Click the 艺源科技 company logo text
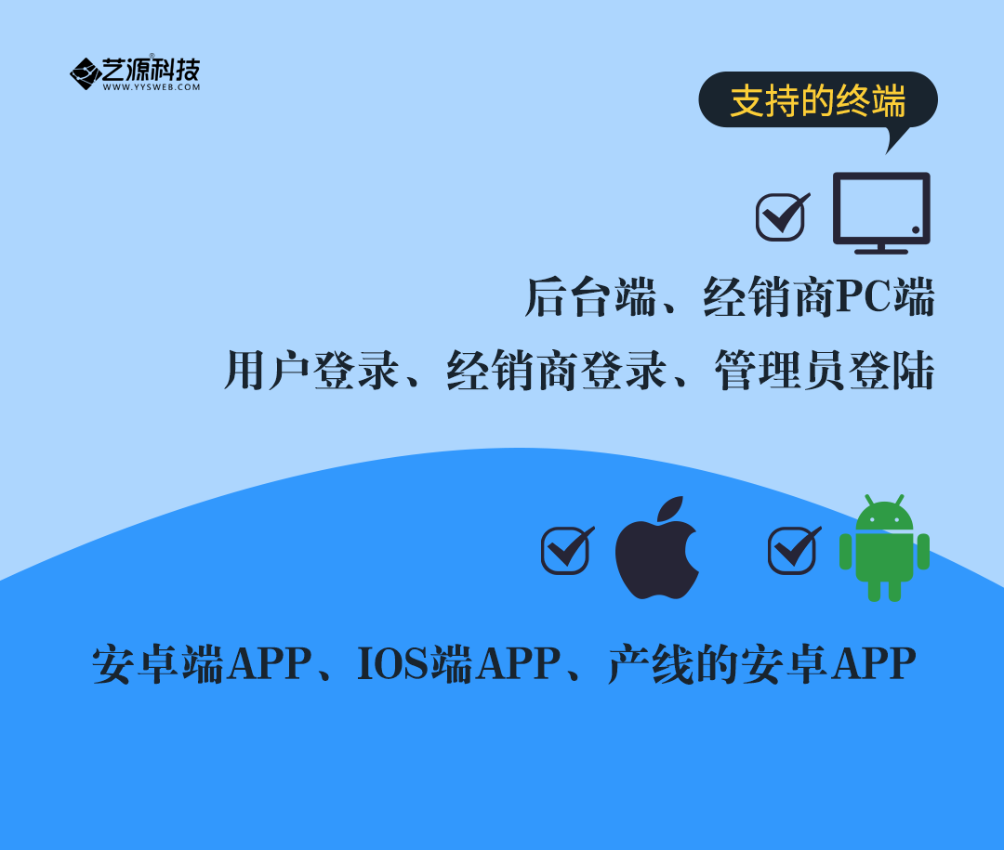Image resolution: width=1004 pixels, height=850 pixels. tap(152, 69)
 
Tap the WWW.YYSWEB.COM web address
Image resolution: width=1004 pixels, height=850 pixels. tap(152, 87)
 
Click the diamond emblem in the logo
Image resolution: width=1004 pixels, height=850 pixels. tap(86, 73)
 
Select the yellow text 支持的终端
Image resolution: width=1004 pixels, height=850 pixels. tap(818, 100)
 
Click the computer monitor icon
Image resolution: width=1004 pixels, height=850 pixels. tap(881, 213)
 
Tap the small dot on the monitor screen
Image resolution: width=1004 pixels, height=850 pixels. tap(916, 229)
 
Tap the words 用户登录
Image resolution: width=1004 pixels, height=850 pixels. tap(311, 370)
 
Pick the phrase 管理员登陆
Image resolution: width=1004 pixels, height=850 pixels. tap(824, 370)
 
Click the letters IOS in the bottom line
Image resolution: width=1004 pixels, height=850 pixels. tap(392, 663)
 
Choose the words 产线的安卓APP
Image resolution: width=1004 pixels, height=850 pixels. tap(762, 663)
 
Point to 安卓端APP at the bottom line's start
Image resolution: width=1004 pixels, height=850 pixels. tap(203, 663)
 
